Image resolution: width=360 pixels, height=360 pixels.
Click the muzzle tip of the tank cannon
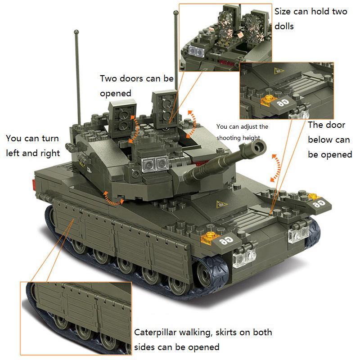259,147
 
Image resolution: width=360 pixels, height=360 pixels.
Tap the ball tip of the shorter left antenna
76,32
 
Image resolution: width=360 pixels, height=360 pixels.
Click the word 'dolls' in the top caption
284,26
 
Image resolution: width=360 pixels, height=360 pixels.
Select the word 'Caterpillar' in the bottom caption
155,333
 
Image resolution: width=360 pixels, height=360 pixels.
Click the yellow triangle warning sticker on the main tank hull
221,204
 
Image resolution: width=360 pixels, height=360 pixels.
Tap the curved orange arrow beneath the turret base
114,199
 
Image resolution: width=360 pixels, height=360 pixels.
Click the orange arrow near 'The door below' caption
276,167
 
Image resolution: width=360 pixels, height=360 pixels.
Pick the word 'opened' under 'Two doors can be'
116,94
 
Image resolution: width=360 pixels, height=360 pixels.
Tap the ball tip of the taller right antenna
176,13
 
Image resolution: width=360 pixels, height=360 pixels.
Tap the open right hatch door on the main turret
164,109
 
